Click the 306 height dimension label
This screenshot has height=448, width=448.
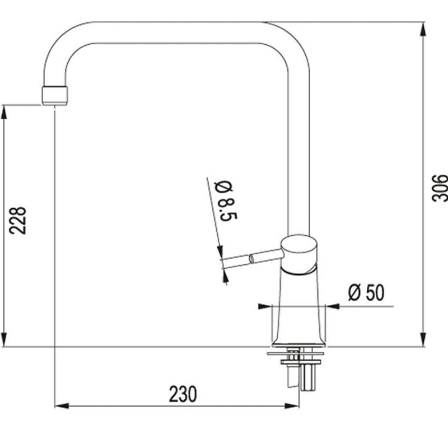coord(440,188)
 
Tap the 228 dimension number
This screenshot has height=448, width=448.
coord(18,220)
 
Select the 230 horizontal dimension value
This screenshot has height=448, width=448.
coord(183,394)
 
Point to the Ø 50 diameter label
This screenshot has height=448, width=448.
coord(366,292)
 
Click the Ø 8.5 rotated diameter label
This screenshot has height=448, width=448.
coord(227,200)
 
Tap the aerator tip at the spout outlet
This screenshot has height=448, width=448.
coord(55,96)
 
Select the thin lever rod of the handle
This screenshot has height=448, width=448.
coord(252,259)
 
